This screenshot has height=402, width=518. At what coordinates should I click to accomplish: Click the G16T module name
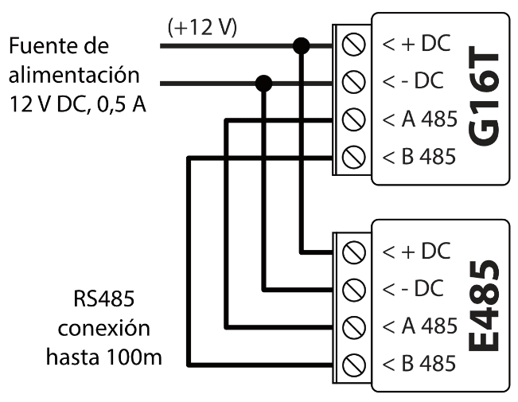(x=483, y=99)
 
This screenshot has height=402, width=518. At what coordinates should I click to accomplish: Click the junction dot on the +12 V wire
(x=301, y=45)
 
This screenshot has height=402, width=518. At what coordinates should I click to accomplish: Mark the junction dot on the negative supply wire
(x=264, y=82)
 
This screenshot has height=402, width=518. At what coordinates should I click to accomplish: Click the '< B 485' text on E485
(x=419, y=365)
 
